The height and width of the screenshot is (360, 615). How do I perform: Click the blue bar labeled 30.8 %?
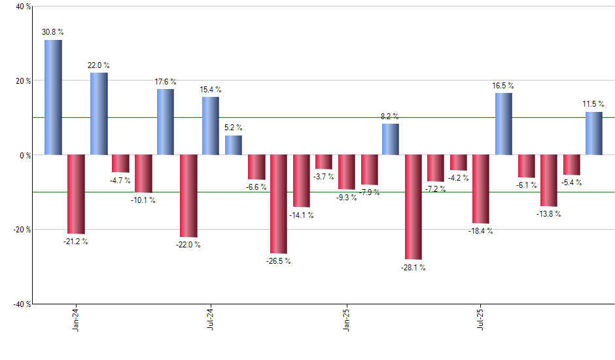(x=53, y=98)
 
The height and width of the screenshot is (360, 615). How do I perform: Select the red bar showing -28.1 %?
(x=413, y=207)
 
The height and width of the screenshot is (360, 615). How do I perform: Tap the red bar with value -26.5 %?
(x=279, y=204)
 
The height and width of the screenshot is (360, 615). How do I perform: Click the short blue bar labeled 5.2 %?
(x=234, y=145)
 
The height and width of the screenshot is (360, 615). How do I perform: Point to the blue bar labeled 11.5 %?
(x=593, y=134)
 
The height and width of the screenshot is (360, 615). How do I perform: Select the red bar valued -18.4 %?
(x=481, y=189)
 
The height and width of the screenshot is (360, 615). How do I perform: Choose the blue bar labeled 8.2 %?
(x=391, y=139)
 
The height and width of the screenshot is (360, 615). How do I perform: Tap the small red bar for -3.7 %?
(x=323, y=162)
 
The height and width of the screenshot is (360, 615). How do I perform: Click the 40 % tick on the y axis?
(x=23, y=7)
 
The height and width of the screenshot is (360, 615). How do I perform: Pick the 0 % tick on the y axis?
(x=25, y=155)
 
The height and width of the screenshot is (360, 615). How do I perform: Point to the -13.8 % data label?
(x=548, y=214)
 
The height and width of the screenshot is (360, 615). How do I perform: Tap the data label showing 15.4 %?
(x=211, y=90)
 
